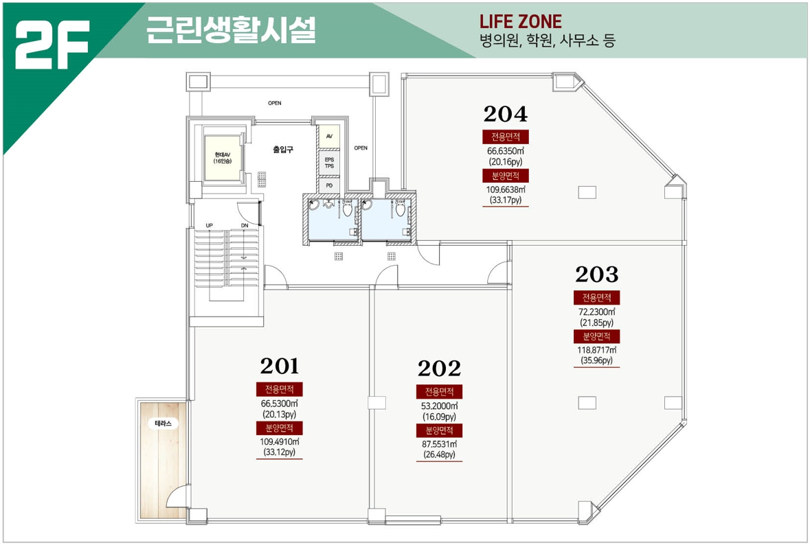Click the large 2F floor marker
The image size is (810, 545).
[52, 45]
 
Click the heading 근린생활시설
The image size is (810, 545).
[231, 30]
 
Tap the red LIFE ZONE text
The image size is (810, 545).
[520, 21]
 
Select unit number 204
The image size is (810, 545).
[505, 113]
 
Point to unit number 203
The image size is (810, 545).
[596, 275]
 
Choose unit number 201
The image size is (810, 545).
[280, 366]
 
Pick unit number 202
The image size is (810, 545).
[439, 369]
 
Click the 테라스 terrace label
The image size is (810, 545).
[163, 424]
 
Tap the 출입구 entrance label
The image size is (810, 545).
[283, 150]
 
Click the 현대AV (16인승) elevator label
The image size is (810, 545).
[223, 158]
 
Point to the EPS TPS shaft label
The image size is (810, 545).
[329, 163]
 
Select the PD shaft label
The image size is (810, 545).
[329, 185]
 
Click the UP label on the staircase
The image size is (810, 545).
[209, 226]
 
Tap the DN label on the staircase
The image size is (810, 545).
[245, 226]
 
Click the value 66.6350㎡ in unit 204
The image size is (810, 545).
[505, 151]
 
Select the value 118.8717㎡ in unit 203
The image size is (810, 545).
[596, 350]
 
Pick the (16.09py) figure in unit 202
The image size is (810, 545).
[439, 417]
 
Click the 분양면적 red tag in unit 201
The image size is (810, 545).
[280, 428]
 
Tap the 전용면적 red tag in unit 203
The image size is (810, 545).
[596, 298]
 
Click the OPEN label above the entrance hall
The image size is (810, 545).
[275, 103]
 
